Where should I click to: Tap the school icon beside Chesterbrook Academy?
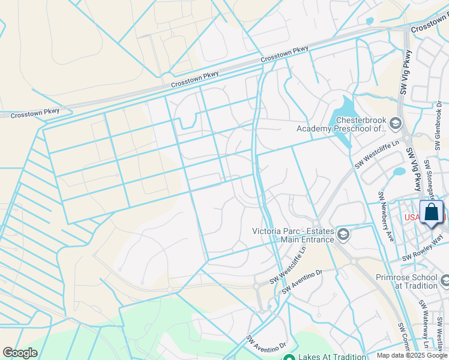coord(395,124)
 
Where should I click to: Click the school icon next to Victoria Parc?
coord(343,233)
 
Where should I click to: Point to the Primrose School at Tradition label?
coord(406,281)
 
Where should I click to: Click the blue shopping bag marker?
coord(432,213)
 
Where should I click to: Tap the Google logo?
coord(20,353)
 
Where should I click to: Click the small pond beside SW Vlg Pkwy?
coord(399,173)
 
